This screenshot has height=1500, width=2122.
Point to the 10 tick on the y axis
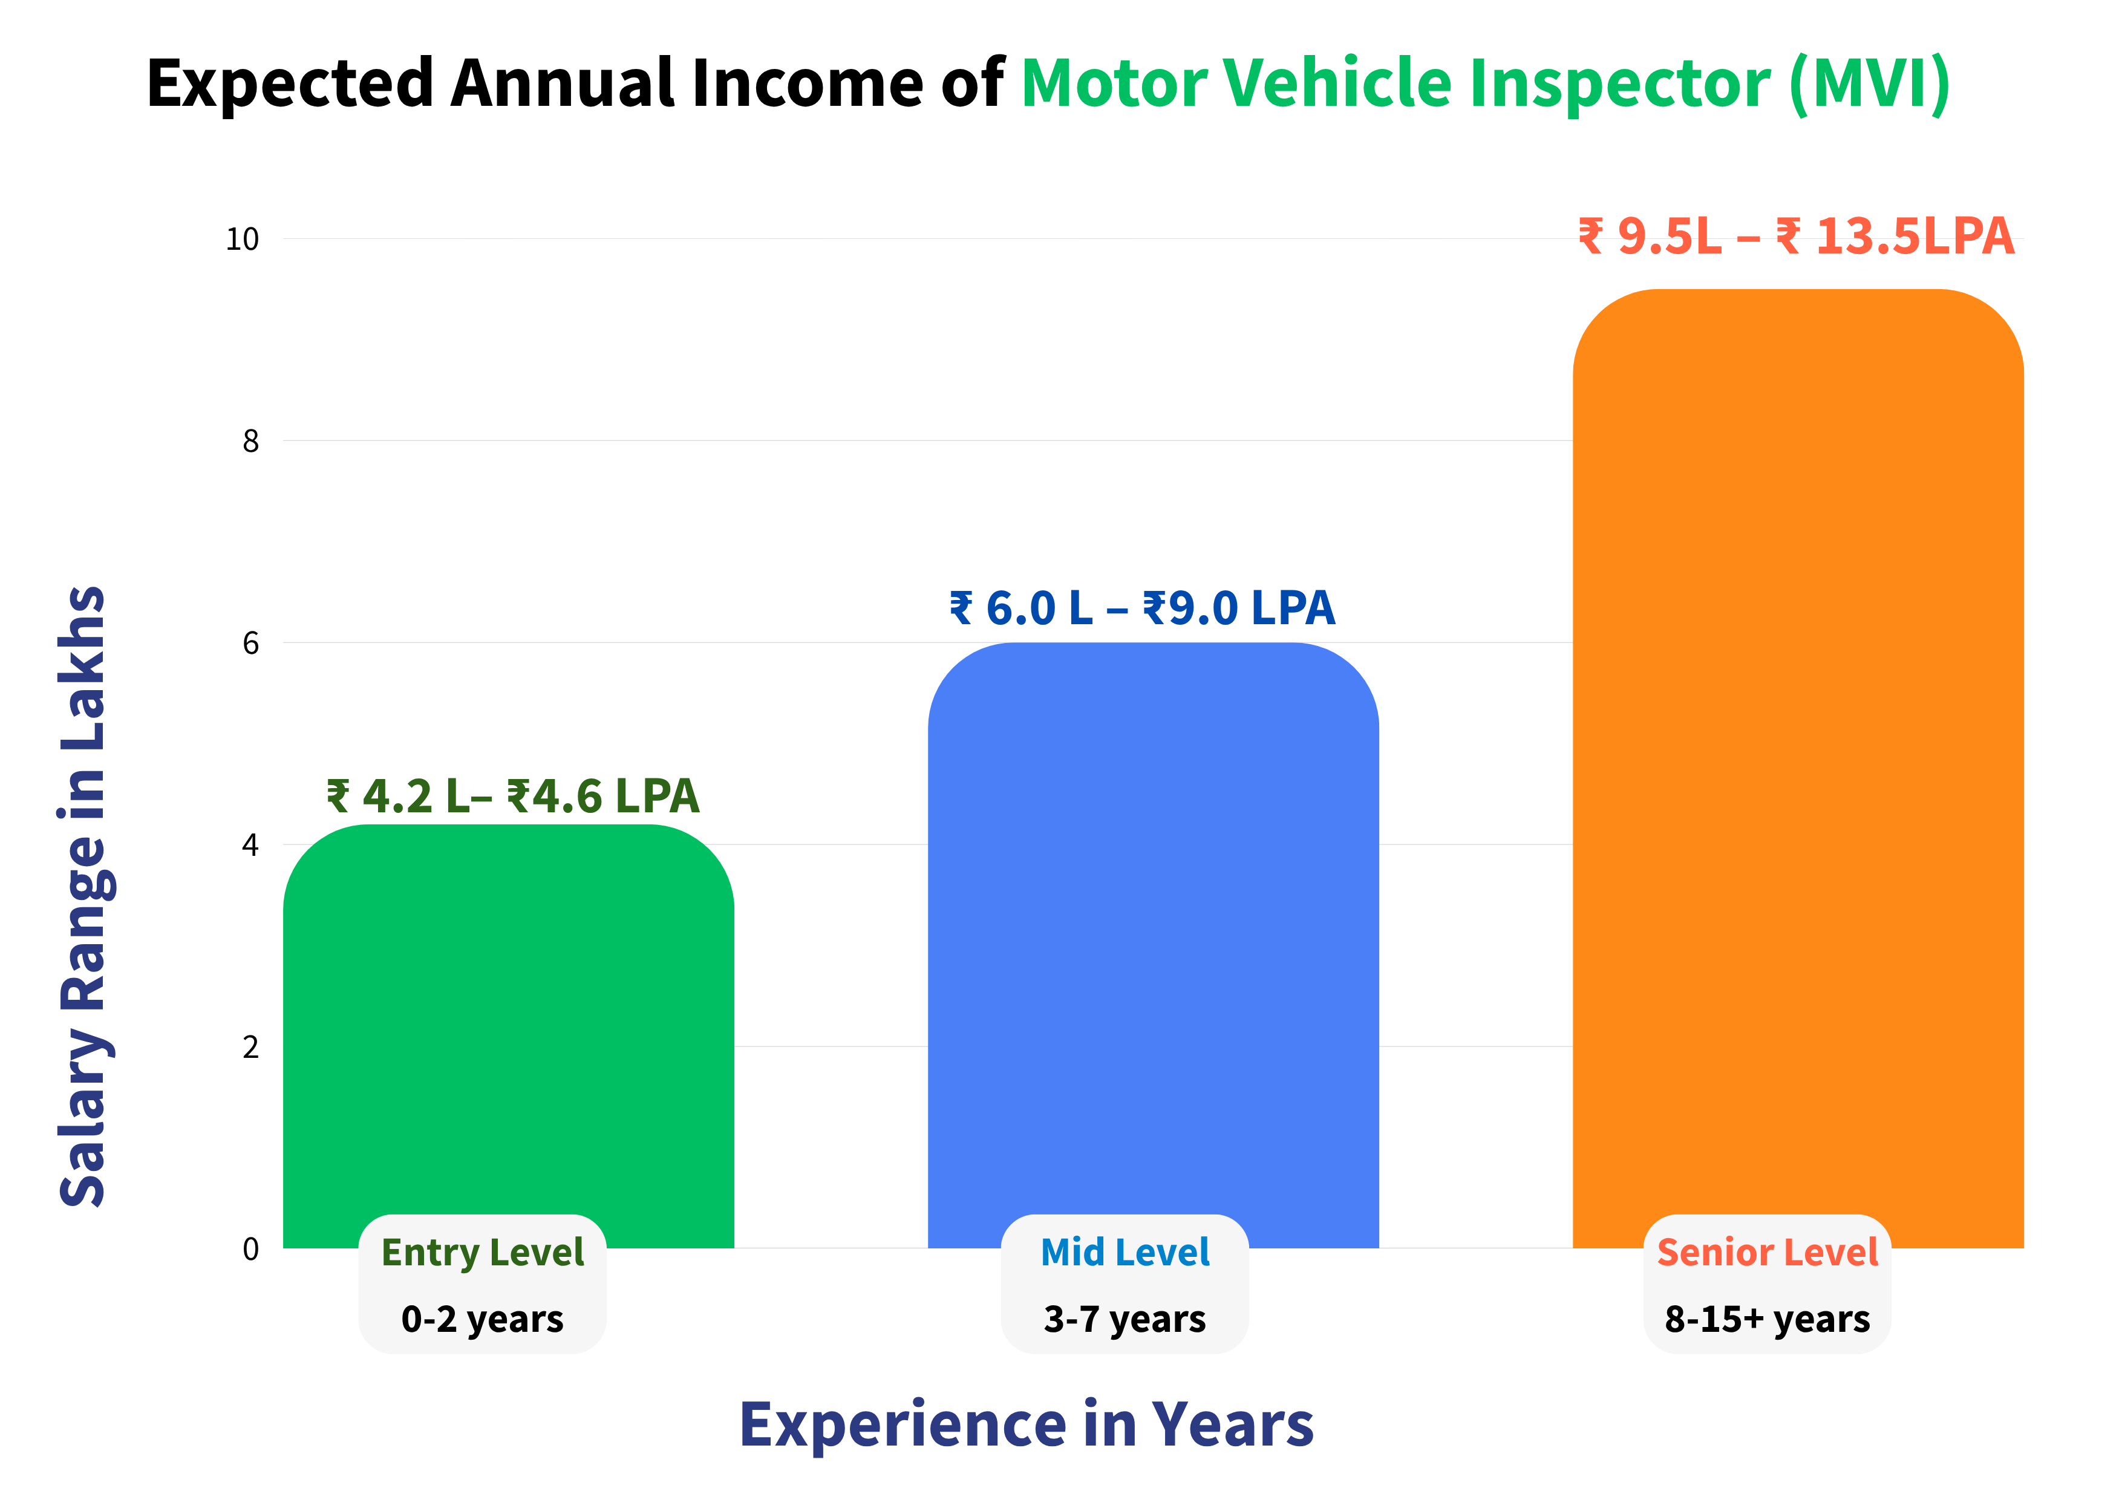click(242, 240)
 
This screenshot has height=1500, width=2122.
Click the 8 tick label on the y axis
click(250, 441)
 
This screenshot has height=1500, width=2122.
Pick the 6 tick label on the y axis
click(250, 644)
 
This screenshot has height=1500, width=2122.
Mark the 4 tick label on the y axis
click(250, 845)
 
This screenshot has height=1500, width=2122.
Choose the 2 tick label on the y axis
click(250, 1047)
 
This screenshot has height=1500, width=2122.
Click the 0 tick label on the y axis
click(250, 1250)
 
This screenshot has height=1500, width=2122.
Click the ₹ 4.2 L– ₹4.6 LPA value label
click(513, 797)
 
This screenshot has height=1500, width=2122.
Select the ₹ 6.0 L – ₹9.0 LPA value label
click(1142, 608)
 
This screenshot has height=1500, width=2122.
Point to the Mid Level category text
click(1125, 1253)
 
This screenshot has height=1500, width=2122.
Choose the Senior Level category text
click(1767, 1253)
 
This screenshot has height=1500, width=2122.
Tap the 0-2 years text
click(483, 1320)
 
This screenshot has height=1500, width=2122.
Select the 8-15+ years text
click(1767, 1320)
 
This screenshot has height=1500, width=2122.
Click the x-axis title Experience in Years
click(1026, 1425)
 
